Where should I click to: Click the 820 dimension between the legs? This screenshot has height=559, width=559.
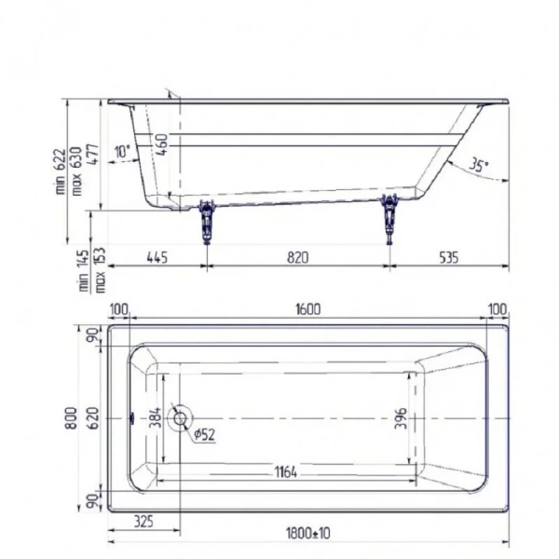pos(297,258)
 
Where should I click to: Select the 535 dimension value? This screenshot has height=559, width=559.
pos(448,258)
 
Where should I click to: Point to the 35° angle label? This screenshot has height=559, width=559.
pos(478,167)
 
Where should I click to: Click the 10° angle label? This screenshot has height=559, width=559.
pos(122,152)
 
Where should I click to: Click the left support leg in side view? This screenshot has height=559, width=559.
pos(205,218)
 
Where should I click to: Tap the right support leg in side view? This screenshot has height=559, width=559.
pos(389,217)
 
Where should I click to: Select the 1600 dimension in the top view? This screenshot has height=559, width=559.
pos(307,309)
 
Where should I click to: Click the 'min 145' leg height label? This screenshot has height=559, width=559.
pos(84,270)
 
